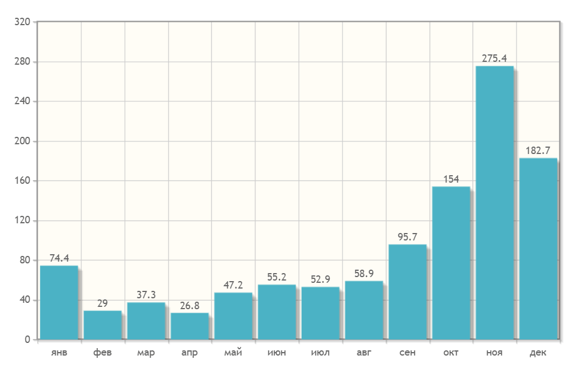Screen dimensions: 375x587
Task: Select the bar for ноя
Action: point(495,203)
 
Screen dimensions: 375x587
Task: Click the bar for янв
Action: point(59,302)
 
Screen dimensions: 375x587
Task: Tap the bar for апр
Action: point(190,326)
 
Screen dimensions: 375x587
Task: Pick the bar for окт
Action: point(451,263)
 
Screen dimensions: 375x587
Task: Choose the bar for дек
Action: point(538,248)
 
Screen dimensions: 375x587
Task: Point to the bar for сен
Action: point(408,292)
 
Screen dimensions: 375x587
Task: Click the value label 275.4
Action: point(495,58)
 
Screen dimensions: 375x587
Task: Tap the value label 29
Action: point(103,303)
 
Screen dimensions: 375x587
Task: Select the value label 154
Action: point(451,179)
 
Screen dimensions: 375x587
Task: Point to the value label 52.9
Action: point(320,279)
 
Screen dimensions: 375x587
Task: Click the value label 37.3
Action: point(146,295)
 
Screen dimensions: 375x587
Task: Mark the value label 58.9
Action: point(364,274)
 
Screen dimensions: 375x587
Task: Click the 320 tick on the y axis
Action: point(23,22)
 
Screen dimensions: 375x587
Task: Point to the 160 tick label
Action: point(23,181)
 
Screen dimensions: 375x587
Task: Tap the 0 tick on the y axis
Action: point(27,340)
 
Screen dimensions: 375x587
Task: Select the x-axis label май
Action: point(233,353)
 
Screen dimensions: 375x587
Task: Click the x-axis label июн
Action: point(277,353)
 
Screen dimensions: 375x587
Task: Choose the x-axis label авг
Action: point(364,353)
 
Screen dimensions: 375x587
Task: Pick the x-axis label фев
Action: point(103,353)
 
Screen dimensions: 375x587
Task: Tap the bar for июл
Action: point(320,313)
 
